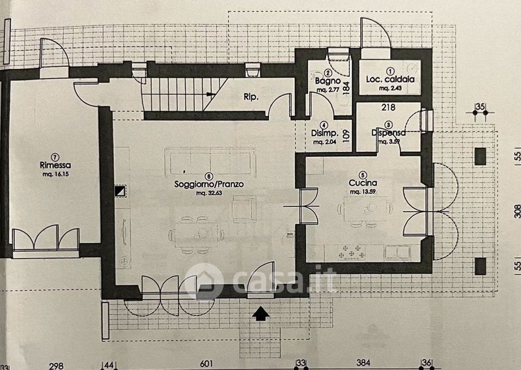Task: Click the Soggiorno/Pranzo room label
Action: point(208,184)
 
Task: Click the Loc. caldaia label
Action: point(390,79)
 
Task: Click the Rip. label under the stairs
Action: point(251,97)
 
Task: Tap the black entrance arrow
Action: point(261,314)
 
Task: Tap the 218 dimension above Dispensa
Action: point(389,107)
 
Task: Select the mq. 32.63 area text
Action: point(208,193)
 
